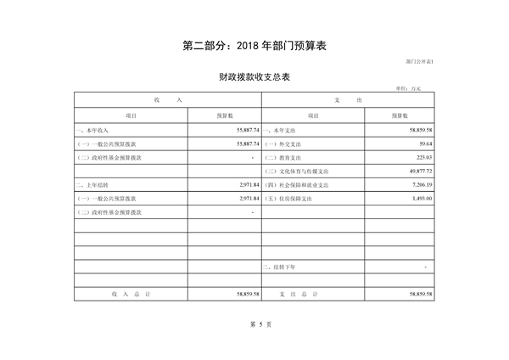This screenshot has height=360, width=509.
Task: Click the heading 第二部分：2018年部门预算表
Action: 255,46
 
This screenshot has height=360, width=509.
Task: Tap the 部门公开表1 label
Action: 419,64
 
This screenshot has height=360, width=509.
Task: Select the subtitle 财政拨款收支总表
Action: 255,77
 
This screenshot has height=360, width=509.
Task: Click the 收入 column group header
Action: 168,100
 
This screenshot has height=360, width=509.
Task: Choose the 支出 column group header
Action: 349,100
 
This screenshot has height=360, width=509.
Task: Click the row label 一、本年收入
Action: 92,130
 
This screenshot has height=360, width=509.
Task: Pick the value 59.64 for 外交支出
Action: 424,143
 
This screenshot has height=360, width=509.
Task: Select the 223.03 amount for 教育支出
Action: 422,157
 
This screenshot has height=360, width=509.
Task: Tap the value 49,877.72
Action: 417,171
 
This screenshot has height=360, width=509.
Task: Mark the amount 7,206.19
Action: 420,184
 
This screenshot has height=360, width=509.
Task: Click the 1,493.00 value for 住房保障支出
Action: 420,198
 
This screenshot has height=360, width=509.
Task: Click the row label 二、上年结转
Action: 92,184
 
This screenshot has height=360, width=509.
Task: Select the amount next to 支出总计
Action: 418,293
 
